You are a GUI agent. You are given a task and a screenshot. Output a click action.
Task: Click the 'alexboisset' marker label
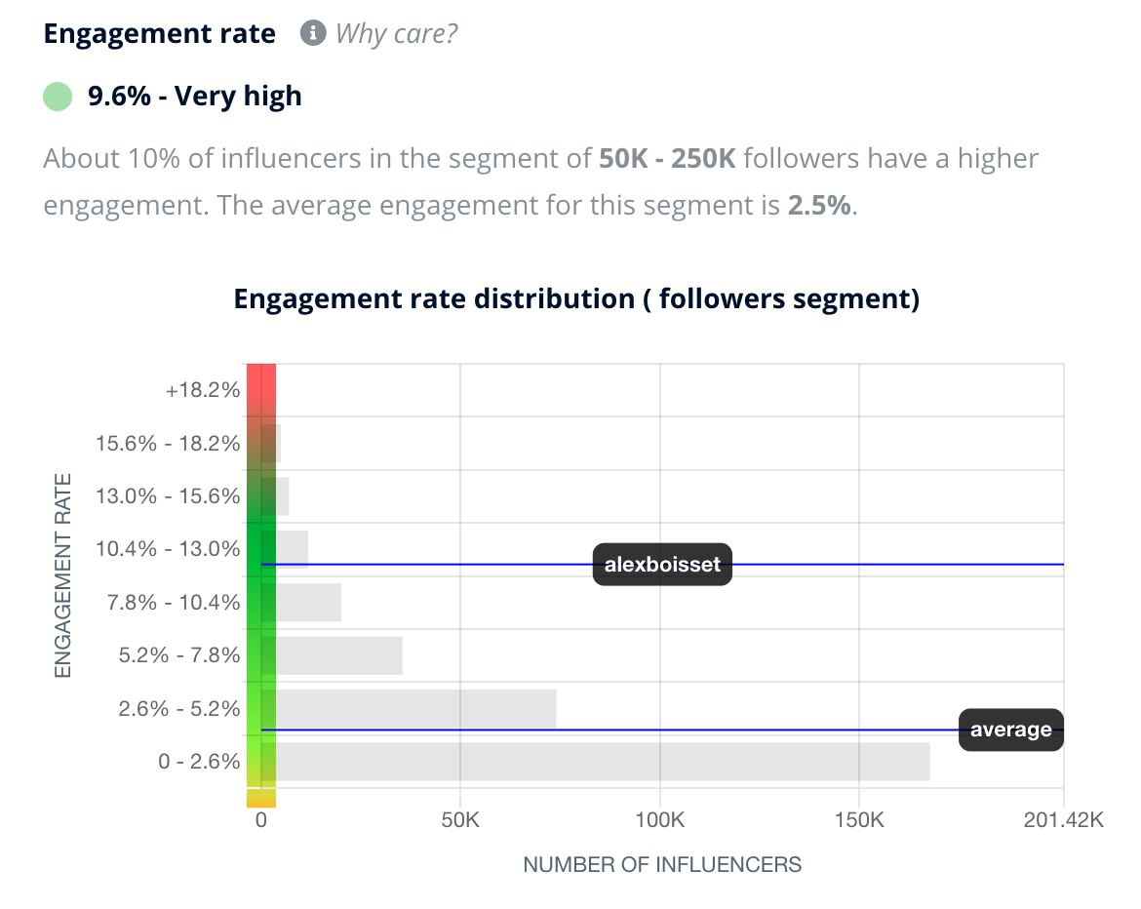[662, 565]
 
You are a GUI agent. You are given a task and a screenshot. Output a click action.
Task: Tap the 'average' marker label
[1010, 730]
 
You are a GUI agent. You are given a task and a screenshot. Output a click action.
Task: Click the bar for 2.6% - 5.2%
[416, 708]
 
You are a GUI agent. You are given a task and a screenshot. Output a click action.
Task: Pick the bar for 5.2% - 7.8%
[339, 655]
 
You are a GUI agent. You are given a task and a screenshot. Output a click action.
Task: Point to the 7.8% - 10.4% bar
[309, 603]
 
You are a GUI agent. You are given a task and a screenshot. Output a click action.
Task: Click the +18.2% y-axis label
[203, 390]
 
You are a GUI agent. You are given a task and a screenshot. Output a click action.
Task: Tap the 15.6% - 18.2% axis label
[168, 444]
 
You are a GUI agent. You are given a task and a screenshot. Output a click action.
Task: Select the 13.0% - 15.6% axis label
[168, 496]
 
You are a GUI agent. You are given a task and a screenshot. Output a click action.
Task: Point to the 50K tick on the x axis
[459, 820]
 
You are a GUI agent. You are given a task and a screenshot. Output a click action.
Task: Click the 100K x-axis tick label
[659, 820]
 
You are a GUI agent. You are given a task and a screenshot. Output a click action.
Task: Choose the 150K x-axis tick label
[858, 820]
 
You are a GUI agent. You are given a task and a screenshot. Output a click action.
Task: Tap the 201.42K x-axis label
[1063, 820]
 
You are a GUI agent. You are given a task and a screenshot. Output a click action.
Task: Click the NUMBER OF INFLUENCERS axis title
[662, 864]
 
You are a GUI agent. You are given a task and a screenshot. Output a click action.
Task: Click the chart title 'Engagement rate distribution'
[576, 298]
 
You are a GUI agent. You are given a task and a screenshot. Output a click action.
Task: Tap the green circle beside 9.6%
[58, 97]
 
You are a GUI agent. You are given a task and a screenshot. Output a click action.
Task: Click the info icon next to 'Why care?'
[312, 33]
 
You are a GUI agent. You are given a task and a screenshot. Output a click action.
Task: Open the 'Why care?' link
[396, 33]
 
